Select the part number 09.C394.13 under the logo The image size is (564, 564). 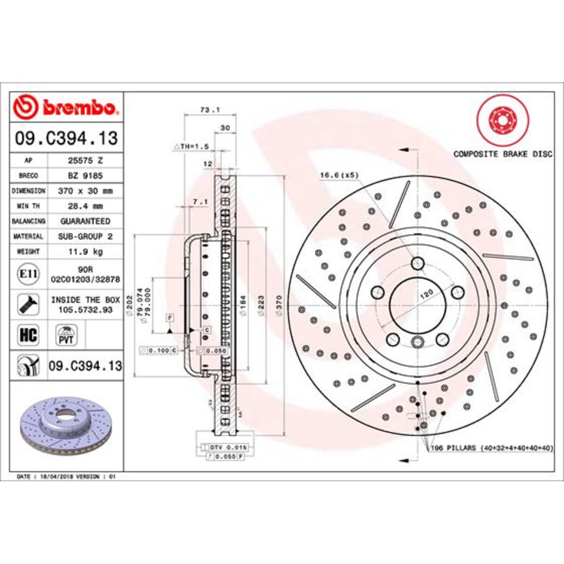pos(66,138)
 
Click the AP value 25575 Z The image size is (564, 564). pos(85,160)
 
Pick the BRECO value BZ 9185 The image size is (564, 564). pos(85,176)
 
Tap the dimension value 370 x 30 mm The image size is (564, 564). pos(85,191)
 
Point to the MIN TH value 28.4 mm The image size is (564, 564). pos(85,206)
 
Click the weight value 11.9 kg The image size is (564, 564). pos(85,251)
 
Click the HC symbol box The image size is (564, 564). pos(28,335)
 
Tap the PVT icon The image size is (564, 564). pos(66,335)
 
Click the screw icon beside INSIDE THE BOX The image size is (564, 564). pos(28,304)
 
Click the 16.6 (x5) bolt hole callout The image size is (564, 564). pos(339,175)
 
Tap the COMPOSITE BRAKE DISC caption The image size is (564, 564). pos(502,154)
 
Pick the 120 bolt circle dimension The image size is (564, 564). pos(426,295)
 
